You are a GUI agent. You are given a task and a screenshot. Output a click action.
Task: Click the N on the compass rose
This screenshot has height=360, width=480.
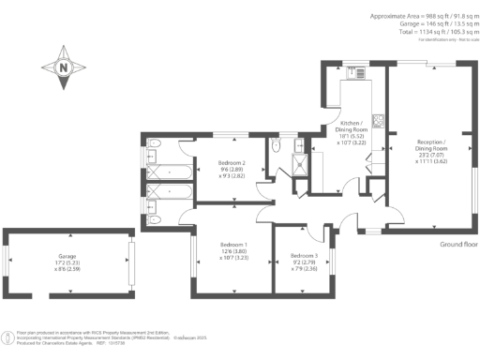click(x=63, y=67)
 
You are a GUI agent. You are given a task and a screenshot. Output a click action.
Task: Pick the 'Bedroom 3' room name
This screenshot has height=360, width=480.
click(x=305, y=256)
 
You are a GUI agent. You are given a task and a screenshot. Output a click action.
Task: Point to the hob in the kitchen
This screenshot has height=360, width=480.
click(x=377, y=119)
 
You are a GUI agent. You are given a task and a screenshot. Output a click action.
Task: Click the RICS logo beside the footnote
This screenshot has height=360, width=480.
click(x=8, y=335)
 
